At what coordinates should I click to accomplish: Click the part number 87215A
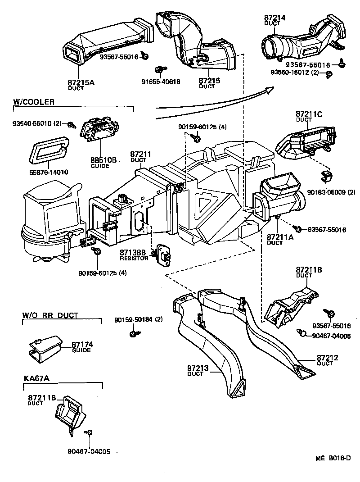pos(81,83)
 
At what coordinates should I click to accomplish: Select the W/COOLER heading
pos(34,102)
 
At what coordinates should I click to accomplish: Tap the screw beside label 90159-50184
pos(133,333)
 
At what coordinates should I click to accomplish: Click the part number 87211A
pos(280,237)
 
